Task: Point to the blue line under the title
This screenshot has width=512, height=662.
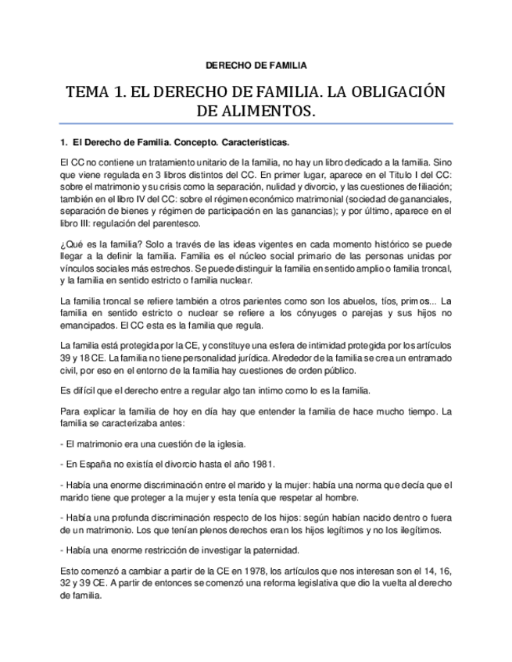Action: click(x=256, y=124)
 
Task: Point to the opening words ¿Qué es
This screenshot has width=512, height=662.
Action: click(x=77, y=246)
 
